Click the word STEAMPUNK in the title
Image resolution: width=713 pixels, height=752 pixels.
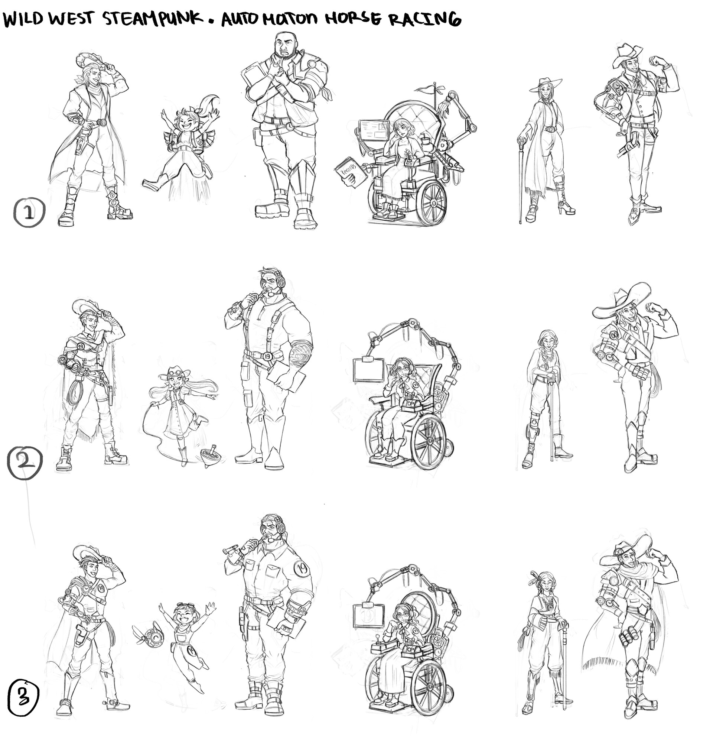(x=153, y=18)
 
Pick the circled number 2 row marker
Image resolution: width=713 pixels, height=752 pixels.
(x=25, y=461)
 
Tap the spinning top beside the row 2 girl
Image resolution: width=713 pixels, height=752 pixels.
(x=208, y=454)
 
